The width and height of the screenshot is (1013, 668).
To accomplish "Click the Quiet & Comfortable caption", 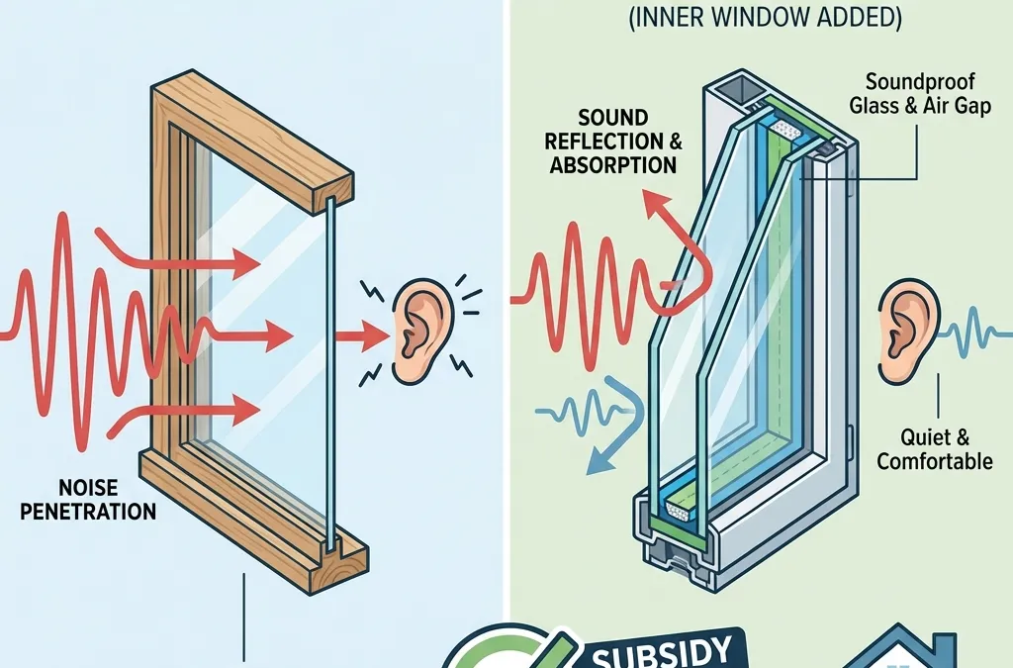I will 934,449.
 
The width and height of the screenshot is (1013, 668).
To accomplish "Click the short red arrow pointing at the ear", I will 361,339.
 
